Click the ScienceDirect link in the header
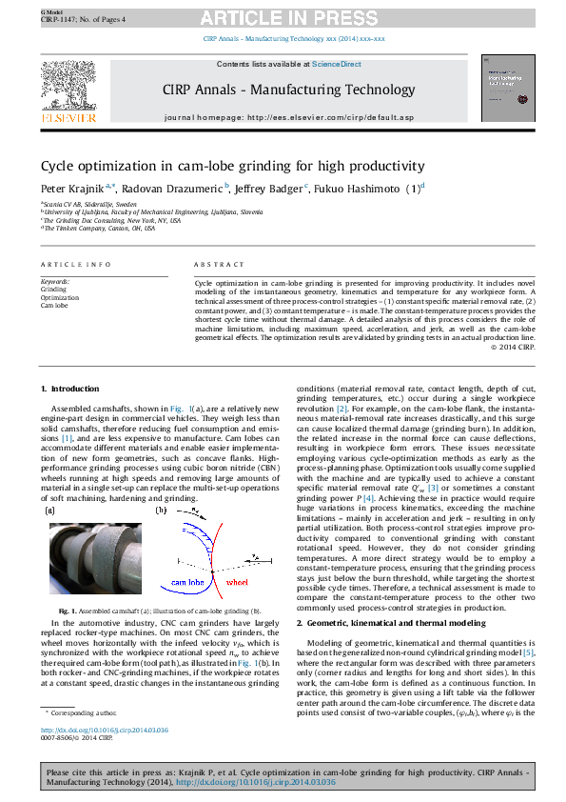337,64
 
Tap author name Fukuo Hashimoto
356,188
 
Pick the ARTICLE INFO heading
72,265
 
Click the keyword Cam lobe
54,305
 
